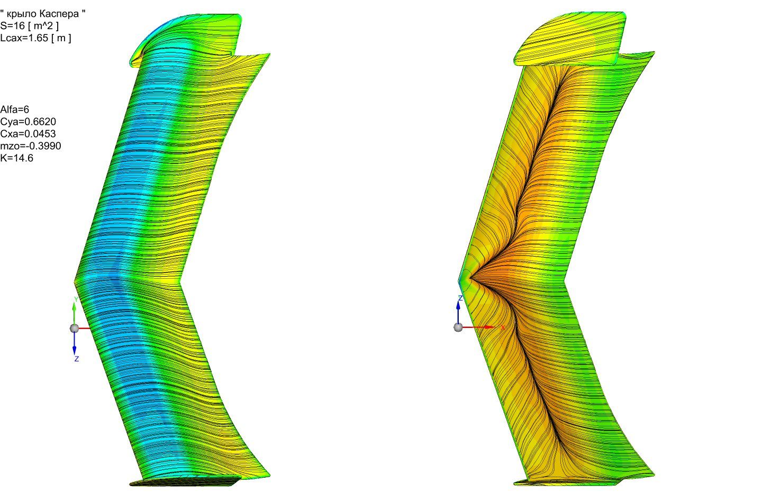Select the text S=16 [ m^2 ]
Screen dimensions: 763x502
29,26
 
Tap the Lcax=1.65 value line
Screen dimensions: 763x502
36,38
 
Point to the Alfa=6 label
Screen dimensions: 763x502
15,109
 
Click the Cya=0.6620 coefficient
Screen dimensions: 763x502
28,122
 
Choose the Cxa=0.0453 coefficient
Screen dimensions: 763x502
28,134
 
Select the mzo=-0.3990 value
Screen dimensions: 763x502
31,146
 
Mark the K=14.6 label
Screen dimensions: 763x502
17,158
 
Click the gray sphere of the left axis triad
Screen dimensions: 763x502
74,328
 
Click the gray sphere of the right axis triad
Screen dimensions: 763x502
458,327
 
